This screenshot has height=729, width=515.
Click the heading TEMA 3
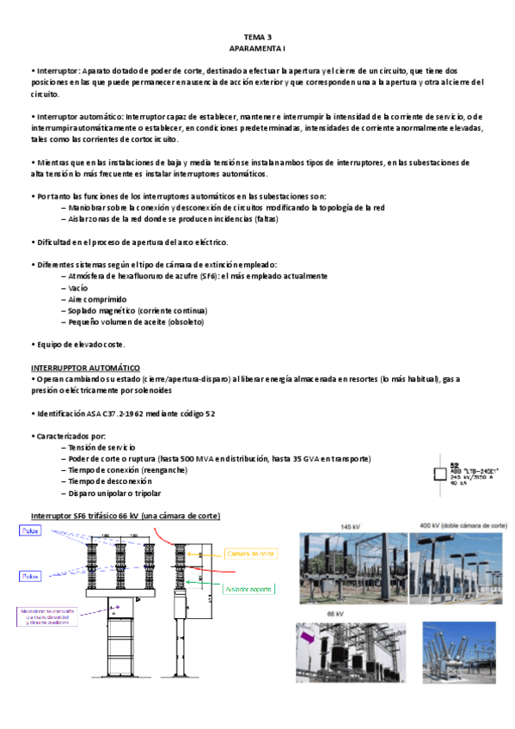257,37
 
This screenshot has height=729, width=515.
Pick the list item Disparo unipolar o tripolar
112,493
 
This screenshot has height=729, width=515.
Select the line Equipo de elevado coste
80,345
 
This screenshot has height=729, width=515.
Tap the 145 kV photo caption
350,526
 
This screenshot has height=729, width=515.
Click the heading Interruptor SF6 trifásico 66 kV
125,515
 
